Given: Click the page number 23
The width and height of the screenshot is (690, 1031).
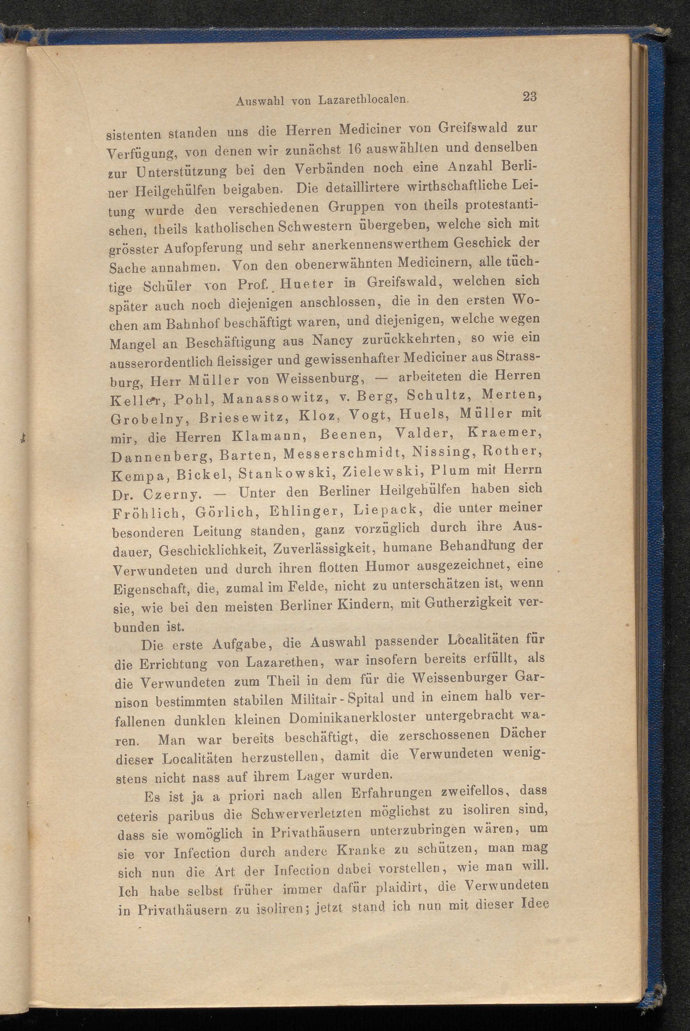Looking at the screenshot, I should click(x=529, y=96).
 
